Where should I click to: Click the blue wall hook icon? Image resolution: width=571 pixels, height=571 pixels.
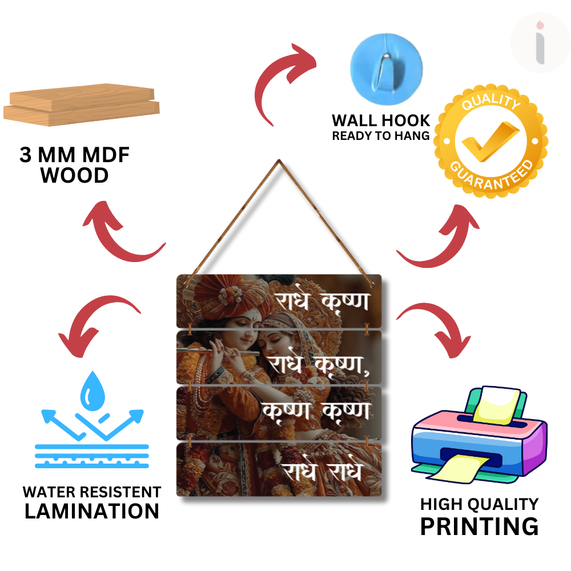[x=386, y=62]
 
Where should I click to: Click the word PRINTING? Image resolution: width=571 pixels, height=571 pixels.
[x=479, y=526]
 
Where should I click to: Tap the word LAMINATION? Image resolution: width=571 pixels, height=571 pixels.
[x=92, y=511]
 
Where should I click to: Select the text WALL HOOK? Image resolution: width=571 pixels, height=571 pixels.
[x=381, y=120]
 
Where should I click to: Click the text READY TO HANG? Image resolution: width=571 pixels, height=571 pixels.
[x=381, y=136]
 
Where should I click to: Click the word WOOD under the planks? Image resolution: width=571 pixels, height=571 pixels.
[x=74, y=175]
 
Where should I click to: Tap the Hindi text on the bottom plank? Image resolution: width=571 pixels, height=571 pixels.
[x=323, y=471]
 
